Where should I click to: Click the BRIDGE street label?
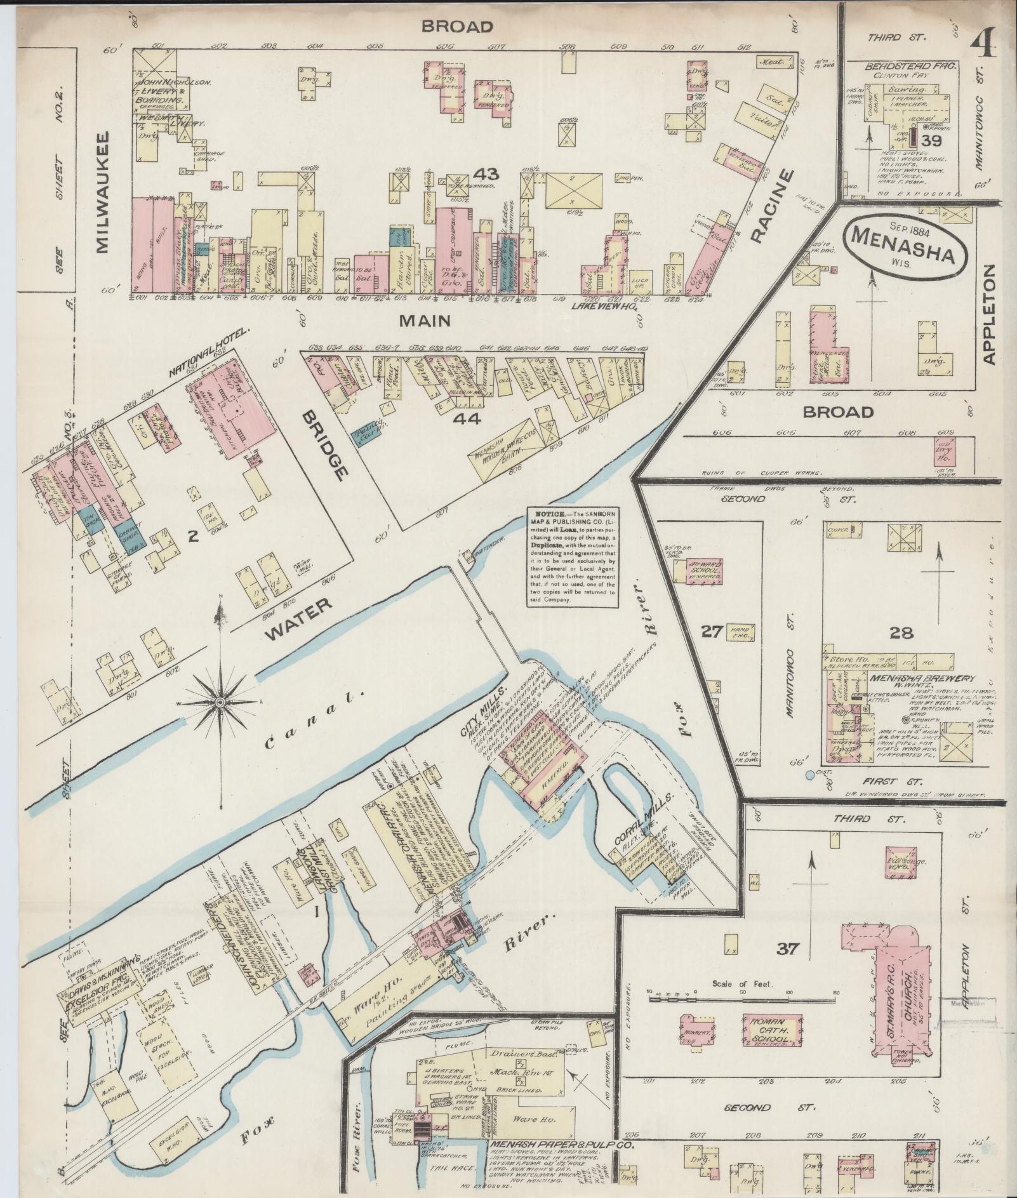click(x=326, y=444)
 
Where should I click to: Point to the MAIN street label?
click(x=425, y=321)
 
